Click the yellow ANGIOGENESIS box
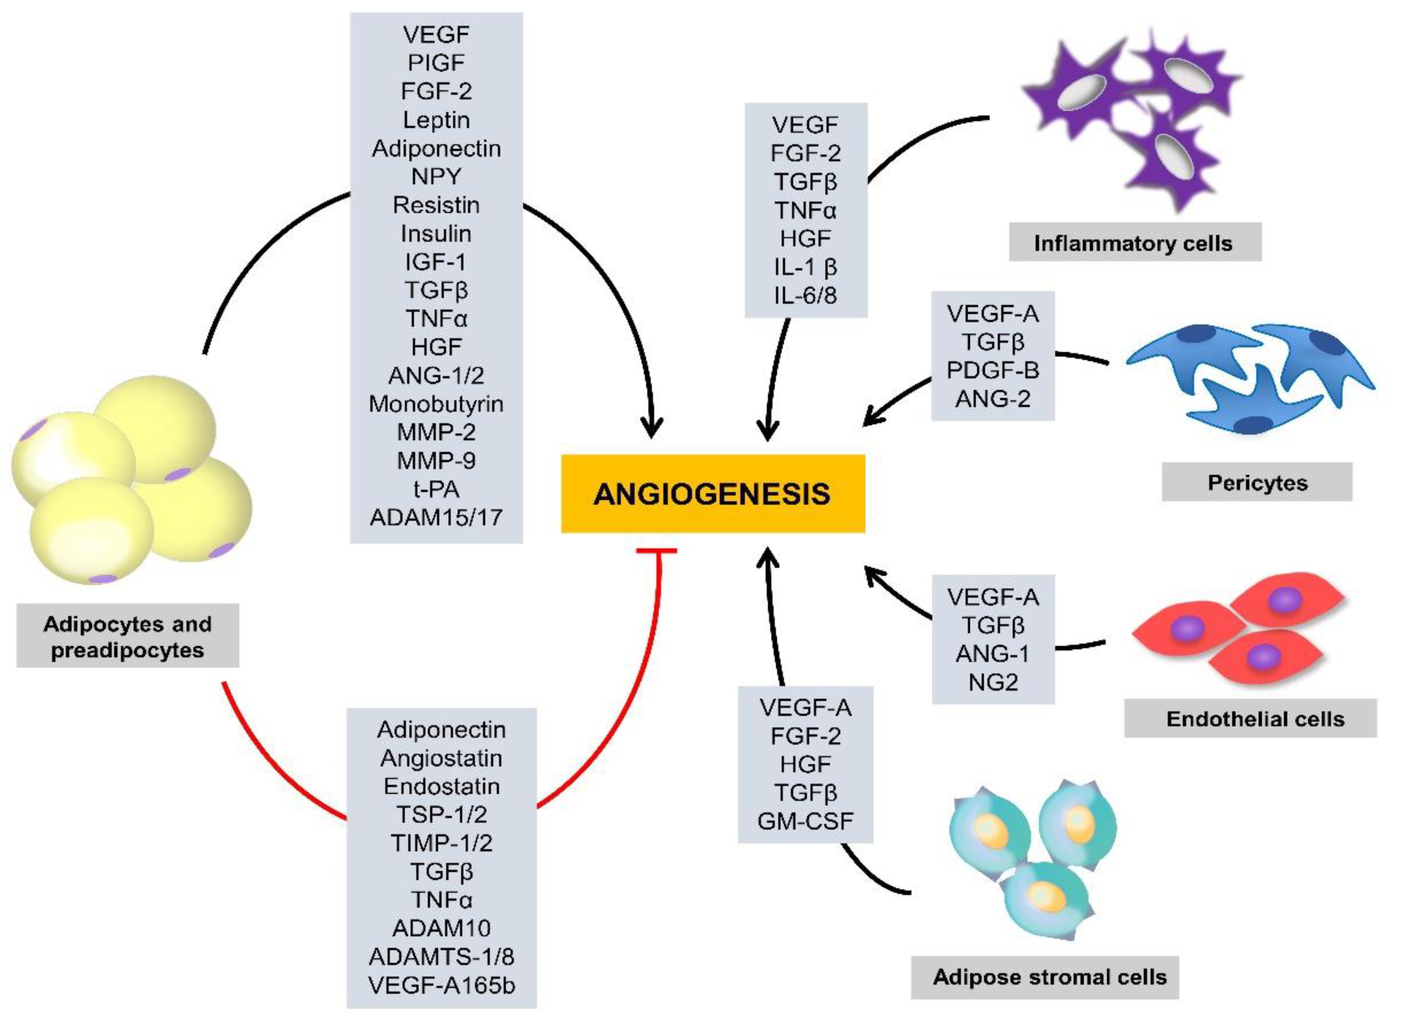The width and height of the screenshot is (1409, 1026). point(713,494)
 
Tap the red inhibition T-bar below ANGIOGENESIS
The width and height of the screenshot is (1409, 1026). point(657,551)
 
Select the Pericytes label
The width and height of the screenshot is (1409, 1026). point(1257,482)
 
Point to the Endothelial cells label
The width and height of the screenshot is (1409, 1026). point(1255,719)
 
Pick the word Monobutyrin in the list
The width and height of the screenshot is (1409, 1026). point(436,404)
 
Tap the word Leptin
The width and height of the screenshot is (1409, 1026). point(436,120)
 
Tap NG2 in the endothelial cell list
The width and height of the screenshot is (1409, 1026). point(993,682)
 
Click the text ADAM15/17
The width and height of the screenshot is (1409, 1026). point(436,517)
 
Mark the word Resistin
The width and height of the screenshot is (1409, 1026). point(436,205)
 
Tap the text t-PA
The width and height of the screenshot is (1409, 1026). point(436,489)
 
